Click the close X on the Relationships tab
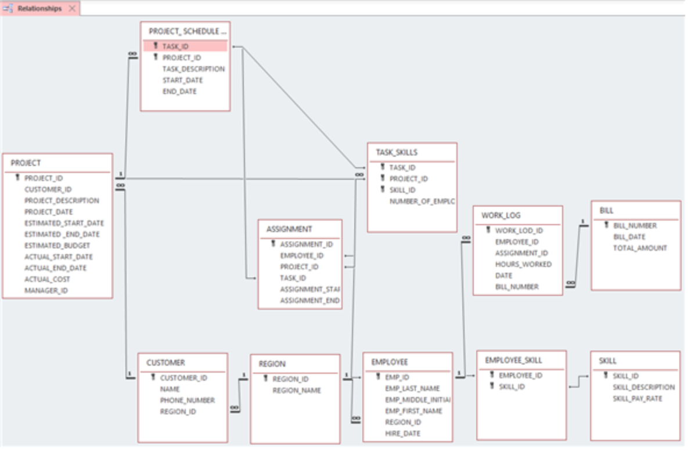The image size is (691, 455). (72, 9)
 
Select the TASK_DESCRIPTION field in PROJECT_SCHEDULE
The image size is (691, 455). (193, 69)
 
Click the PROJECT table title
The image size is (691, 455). (26, 163)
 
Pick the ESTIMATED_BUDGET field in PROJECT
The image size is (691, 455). (57, 245)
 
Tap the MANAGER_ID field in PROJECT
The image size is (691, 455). (46, 290)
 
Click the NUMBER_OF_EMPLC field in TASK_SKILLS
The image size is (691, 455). (422, 201)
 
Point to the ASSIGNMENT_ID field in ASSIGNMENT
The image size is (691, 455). (306, 244)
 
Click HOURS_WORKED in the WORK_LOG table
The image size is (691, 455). (523, 264)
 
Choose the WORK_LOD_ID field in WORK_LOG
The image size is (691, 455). (519, 230)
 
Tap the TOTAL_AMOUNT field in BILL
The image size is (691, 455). (640, 248)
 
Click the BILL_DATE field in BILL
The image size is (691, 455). (629, 237)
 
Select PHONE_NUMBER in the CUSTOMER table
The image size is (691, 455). (188, 400)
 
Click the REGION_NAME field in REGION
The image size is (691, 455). (297, 391)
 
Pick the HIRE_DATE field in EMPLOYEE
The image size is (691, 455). (402, 434)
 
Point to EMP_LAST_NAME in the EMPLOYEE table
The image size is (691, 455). (412, 388)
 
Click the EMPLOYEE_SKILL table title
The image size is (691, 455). (513, 360)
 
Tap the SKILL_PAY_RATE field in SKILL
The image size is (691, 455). (637, 399)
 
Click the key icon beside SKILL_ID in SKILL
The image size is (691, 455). (606, 375)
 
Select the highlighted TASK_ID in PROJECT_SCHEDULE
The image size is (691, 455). (175, 46)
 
